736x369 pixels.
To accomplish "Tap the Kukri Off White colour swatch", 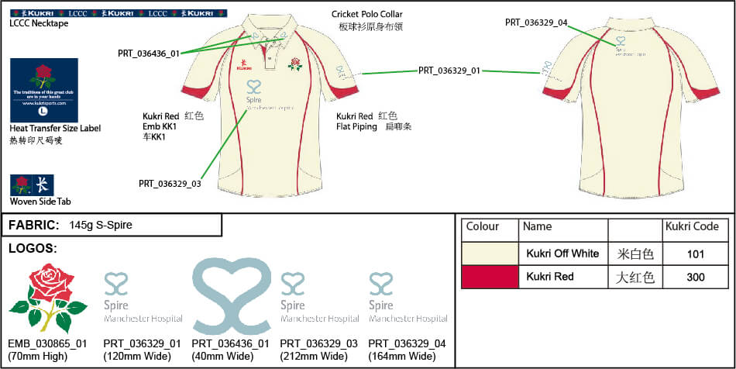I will (x=490, y=253).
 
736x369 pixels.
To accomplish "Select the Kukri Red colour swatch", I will (x=490, y=277).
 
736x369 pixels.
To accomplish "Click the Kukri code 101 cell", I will (x=695, y=253).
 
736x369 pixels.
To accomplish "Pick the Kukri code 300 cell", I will (x=695, y=277).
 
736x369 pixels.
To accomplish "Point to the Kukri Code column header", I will (x=692, y=227).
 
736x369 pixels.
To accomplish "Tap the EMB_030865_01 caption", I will (x=47, y=343).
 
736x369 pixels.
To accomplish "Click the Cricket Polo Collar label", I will (x=366, y=15).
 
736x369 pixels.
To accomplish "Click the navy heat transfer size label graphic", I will (x=43, y=89).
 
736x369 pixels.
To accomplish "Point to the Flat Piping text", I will (x=356, y=126).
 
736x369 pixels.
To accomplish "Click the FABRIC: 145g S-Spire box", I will (x=113, y=225).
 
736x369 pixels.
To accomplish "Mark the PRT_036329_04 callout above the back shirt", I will (x=537, y=22).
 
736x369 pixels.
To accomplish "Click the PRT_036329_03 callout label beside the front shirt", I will (x=170, y=184).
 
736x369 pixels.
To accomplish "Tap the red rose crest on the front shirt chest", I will (x=294, y=64).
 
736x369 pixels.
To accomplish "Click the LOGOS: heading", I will (x=32, y=248).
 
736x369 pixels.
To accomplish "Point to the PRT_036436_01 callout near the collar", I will (x=149, y=53).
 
